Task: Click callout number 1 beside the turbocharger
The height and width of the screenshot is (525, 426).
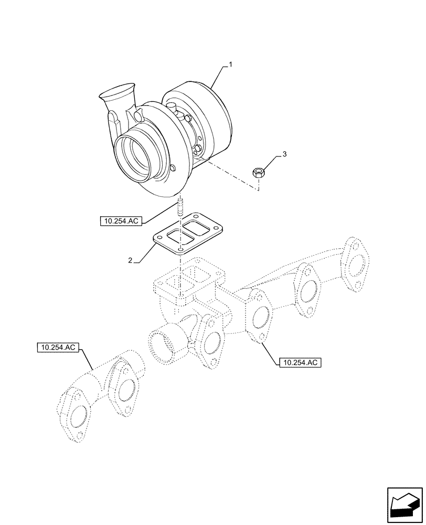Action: [x=230, y=65]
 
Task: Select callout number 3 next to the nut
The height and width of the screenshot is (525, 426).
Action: [x=284, y=154]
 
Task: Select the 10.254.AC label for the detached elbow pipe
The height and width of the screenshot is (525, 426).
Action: [x=58, y=348]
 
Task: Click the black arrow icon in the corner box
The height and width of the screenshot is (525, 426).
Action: [x=403, y=505]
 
